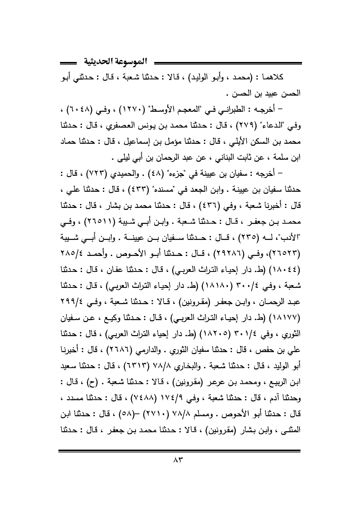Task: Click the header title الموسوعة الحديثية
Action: tap(115, 62)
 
